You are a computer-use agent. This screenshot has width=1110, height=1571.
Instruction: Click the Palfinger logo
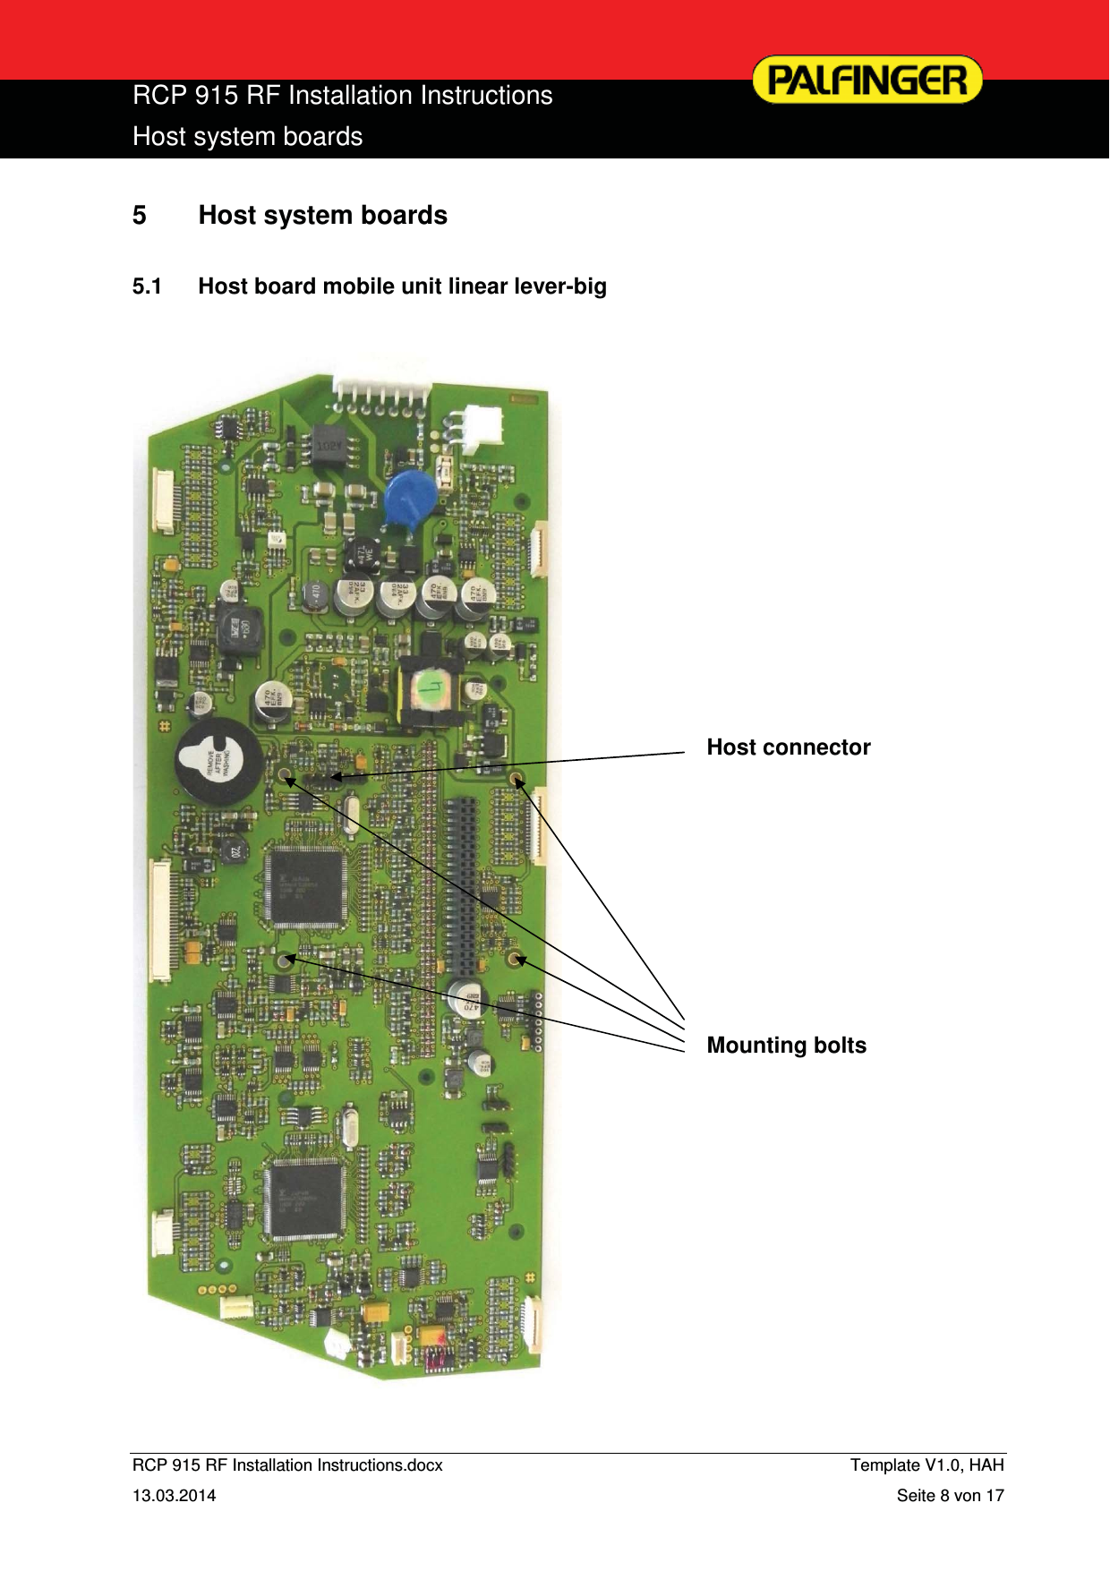(867, 80)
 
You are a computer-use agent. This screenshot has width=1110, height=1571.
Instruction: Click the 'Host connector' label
(788, 747)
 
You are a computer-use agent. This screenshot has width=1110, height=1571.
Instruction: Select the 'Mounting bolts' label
(786, 1046)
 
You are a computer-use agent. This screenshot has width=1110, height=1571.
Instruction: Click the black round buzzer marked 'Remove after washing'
(218, 762)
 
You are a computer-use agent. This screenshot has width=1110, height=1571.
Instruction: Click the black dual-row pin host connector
(462, 886)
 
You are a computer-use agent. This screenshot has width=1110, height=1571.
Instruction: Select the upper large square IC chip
(304, 886)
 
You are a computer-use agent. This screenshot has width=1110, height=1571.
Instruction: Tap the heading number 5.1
(147, 286)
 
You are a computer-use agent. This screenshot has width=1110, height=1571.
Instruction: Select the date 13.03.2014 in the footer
(174, 1496)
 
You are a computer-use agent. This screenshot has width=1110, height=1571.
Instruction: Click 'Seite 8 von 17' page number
(950, 1496)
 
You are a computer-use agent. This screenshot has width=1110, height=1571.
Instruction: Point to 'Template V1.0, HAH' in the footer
(926, 1465)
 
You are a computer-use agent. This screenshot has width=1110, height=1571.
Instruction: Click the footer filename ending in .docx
(287, 1465)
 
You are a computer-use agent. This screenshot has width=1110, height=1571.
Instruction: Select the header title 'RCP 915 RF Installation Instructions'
(342, 96)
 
